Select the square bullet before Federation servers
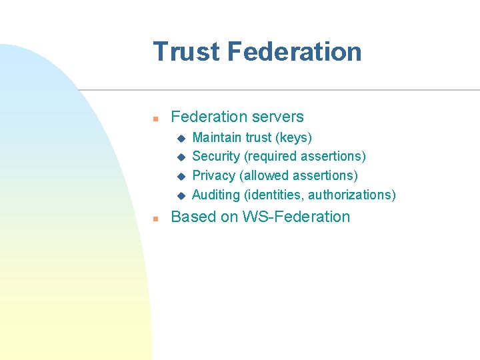155,119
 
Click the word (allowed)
265,175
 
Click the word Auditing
215,195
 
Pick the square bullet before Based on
155,219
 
